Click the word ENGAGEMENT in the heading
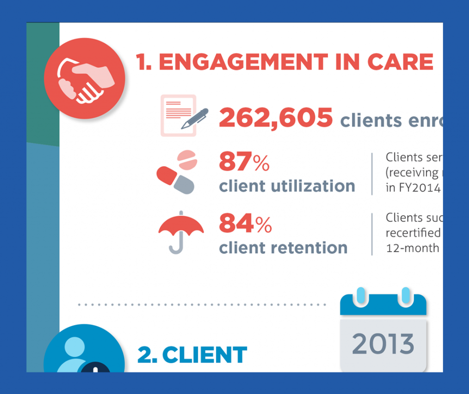(243, 62)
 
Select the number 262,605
(276, 118)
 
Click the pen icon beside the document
(195, 119)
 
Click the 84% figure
(245, 224)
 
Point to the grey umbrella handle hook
(177, 247)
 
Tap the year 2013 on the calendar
(383, 344)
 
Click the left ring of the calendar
(361, 297)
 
